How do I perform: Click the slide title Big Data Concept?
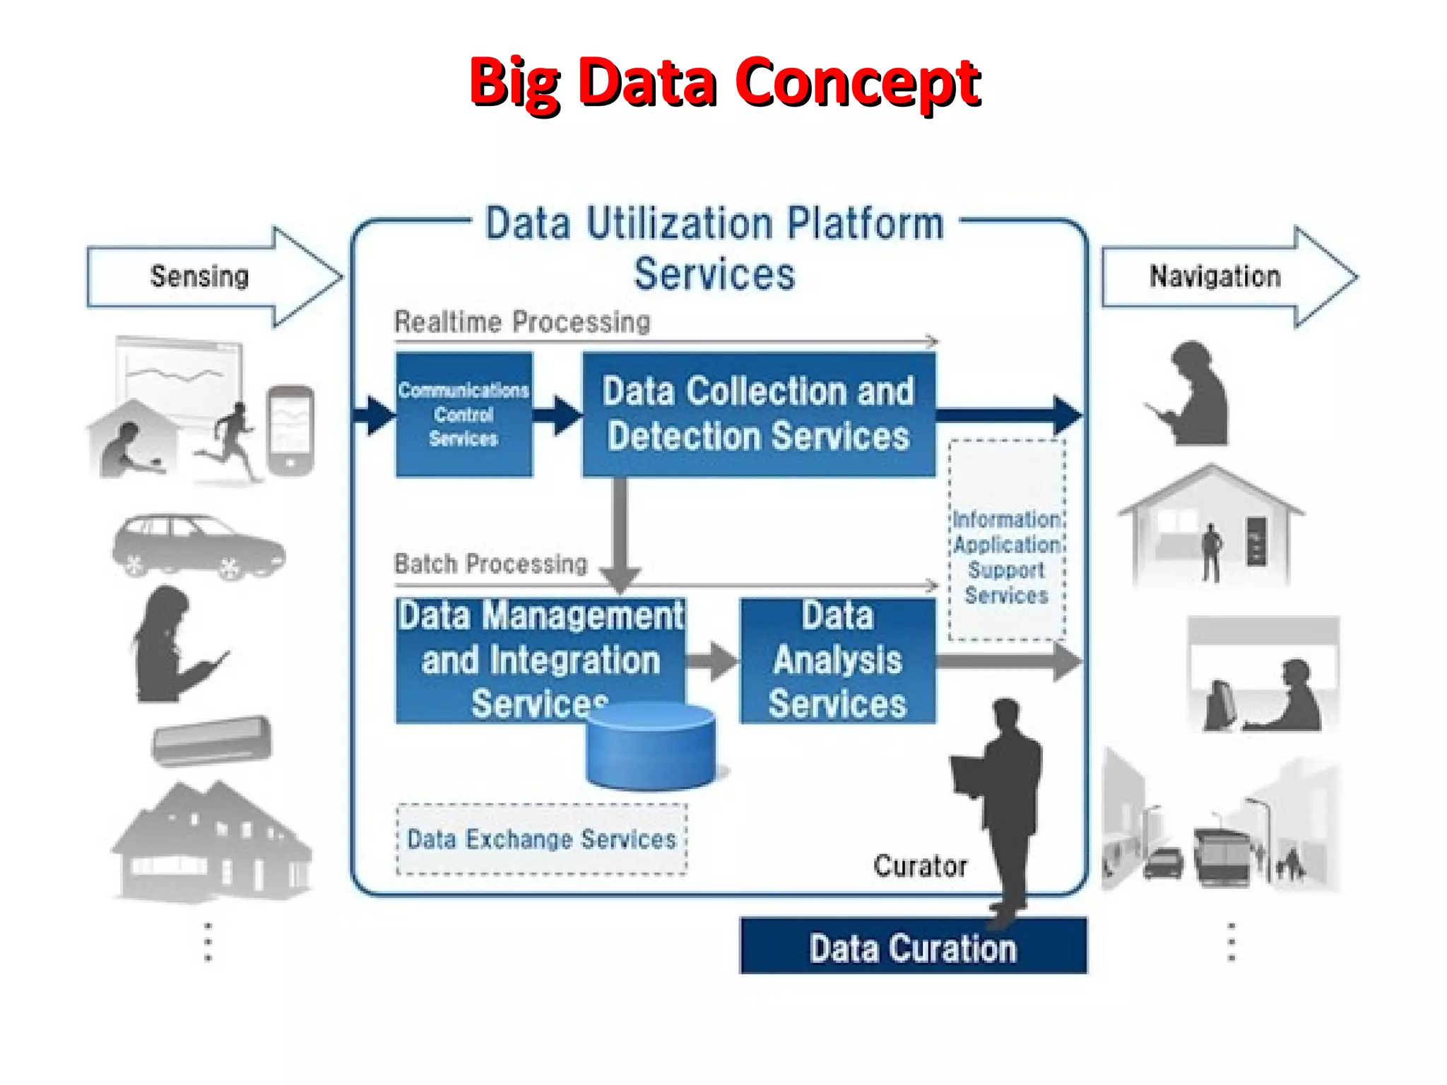724,83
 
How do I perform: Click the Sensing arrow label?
200,276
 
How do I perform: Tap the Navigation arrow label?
1215,276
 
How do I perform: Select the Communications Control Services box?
463,415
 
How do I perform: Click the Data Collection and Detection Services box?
758,415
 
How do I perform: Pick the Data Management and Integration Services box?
540,658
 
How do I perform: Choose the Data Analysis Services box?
837,660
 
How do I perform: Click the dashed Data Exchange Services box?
541,839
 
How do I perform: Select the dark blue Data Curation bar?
913,947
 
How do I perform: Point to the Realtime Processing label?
522,322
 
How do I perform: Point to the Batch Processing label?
491,564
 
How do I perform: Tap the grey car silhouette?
199,546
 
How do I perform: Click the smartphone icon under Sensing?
290,429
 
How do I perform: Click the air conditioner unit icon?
212,740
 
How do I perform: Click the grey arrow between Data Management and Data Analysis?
711,660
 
